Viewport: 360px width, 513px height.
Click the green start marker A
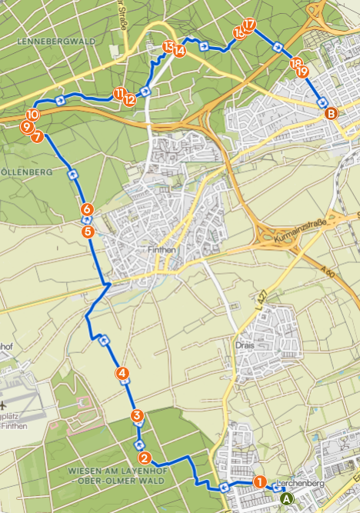(287, 498)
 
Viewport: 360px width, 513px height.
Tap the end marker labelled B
(331, 114)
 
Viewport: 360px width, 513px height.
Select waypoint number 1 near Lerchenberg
(260, 481)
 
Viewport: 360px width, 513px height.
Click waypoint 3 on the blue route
(137, 416)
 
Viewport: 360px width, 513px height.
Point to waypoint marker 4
(122, 373)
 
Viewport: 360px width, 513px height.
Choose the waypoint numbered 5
(88, 231)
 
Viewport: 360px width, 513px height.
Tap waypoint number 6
(87, 209)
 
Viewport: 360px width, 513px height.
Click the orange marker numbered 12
(129, 99)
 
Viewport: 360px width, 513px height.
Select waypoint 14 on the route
(179, 51)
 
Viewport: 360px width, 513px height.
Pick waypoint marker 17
(248, 25)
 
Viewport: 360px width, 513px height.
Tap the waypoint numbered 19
(302, 71)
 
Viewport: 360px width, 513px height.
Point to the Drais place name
(245, 345)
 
